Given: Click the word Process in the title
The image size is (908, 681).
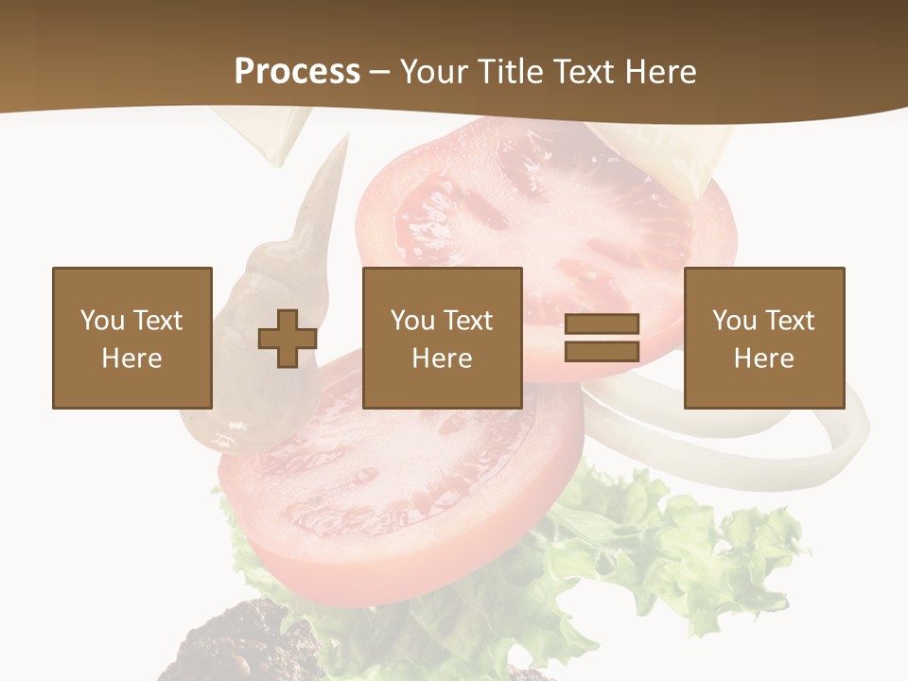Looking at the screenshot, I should (297, 72).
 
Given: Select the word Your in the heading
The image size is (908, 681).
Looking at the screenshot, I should (432, 72).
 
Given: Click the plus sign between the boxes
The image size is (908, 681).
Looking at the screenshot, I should (288, 339).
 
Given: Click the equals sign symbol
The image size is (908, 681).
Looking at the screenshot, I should (602, 338).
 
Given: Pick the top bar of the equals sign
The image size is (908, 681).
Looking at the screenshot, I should (602, 324).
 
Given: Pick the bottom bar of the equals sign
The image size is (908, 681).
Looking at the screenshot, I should (602, 351).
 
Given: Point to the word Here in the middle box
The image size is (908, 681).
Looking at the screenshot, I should (442, 358).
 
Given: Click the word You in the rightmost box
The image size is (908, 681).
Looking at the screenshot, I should (734, 321).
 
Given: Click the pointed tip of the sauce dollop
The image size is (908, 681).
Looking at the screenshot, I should (343, 142).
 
